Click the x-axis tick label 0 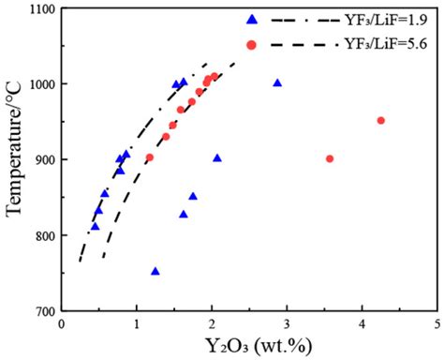point(62,324)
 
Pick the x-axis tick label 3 point(287,324)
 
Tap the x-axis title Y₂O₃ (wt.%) point(248,347)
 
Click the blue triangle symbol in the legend point(251,20)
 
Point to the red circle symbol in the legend point(251,44)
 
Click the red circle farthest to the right point(380,120)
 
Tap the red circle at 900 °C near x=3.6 point(330,158)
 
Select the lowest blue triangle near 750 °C point(155,271)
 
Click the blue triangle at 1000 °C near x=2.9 point(277,82)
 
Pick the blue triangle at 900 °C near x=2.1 point(217,157)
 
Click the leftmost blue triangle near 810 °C point(95,225)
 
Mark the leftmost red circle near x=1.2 point(149,157)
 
